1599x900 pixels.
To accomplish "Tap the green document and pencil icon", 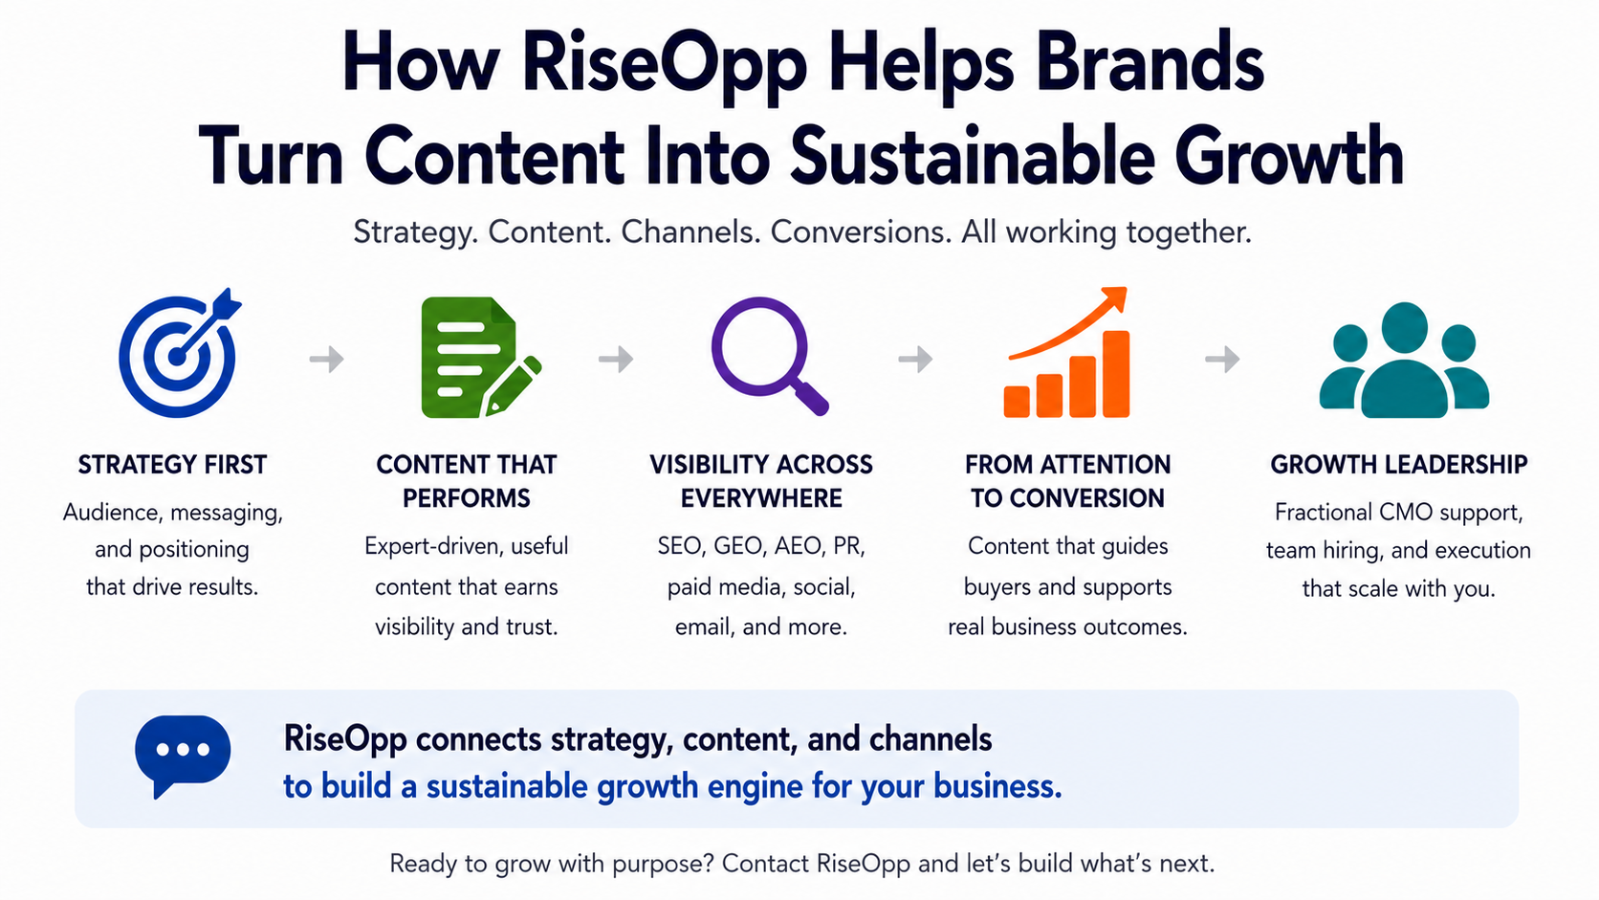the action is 480,357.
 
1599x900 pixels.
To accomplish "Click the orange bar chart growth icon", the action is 1067,353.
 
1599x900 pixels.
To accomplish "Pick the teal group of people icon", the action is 1403,361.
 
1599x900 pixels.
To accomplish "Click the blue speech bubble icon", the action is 183,756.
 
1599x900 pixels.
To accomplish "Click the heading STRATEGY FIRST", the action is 172,465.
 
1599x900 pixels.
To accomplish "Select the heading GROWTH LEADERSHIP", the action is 1398,465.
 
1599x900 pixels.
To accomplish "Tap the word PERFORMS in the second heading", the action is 466,498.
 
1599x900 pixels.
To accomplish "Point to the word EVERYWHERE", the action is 761,498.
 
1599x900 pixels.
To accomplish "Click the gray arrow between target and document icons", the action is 327,359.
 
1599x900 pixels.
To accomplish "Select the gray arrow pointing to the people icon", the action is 1223,359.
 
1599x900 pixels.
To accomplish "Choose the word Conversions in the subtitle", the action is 861,232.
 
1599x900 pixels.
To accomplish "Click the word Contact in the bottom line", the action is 765,864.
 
